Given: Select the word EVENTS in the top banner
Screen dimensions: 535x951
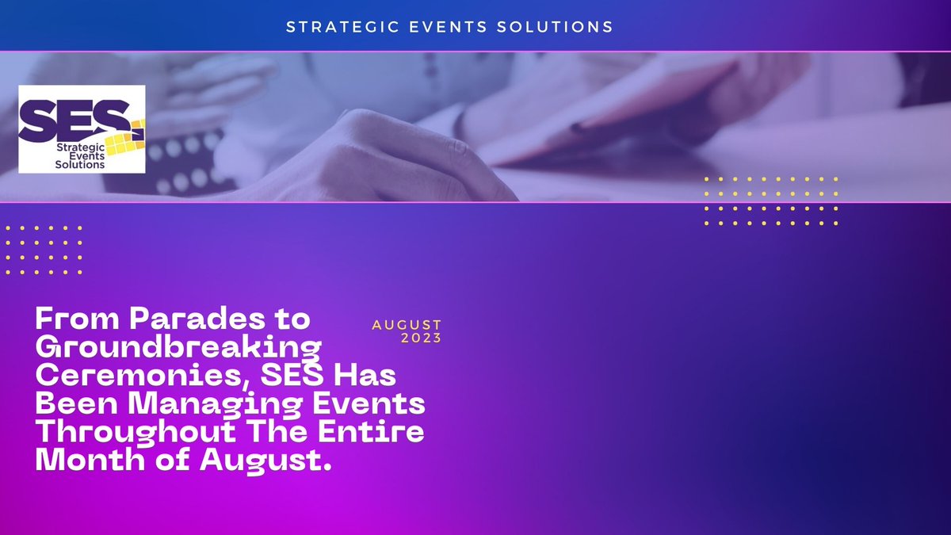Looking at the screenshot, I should click(442, 27).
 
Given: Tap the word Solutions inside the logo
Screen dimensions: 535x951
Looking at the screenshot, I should click(80, 165).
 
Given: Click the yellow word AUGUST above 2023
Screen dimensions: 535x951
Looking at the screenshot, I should click(407, 326).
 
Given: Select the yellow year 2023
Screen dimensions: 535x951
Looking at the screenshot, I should click(422, 338).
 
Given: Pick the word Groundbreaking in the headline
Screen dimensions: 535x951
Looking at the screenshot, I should click(178, 347).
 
